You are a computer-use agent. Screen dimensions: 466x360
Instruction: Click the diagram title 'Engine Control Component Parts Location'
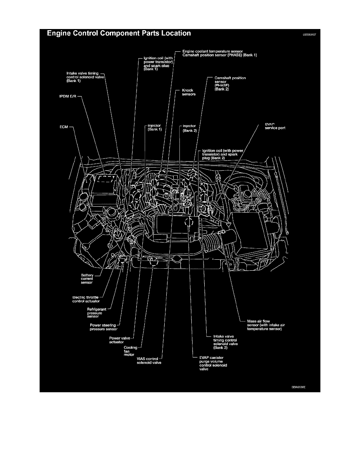click(x=119, y=33)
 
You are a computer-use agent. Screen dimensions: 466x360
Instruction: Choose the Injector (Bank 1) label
click(x=154, y=127)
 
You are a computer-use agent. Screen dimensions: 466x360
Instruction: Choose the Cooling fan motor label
click(x=129, y=351)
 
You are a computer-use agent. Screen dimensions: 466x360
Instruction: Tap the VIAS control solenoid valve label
click(x=147, y=361)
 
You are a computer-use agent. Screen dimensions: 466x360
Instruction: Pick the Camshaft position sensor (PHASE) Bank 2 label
click(x=230, y=84)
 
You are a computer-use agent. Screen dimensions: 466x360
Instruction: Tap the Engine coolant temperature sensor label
click(x=213, y=51)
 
